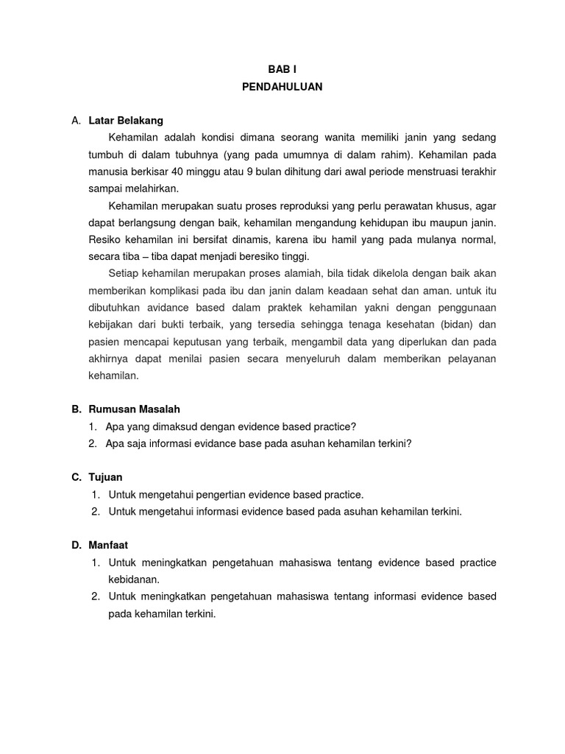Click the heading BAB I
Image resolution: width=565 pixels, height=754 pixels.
(x=282, y=68)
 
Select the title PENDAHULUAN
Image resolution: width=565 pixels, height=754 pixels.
(x=282, y=86)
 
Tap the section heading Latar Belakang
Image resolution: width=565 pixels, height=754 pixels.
(x=126, y=119)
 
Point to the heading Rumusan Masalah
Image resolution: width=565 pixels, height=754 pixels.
(x=134, y=409)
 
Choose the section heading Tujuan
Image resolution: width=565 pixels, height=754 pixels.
(x=105, y=477)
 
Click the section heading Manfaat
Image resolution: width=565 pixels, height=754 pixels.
(x=108, y=545)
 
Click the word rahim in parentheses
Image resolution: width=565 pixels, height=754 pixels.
(x=385, y=155)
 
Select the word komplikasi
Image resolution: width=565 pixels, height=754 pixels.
(x=176, y=290)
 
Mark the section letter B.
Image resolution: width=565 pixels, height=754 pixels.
(x=76, y=409)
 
